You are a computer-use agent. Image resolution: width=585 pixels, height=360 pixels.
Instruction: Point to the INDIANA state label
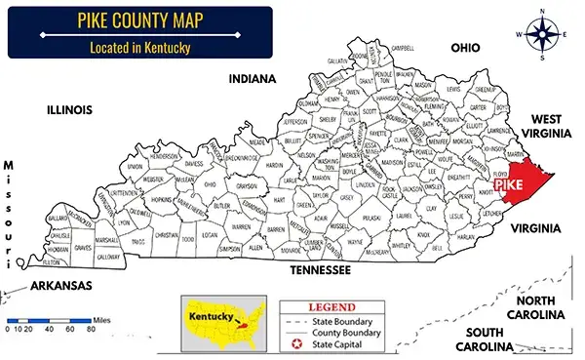(x=252, y=78)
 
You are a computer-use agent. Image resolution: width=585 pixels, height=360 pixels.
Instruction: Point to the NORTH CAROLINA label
(x=536, y=307)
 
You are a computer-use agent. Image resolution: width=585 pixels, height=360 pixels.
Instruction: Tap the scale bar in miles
(x=49, y=319)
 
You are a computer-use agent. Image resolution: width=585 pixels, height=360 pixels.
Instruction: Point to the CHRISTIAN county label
(x=167, y=235)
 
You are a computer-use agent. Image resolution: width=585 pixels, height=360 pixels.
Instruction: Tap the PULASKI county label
(x=370, y=220)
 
